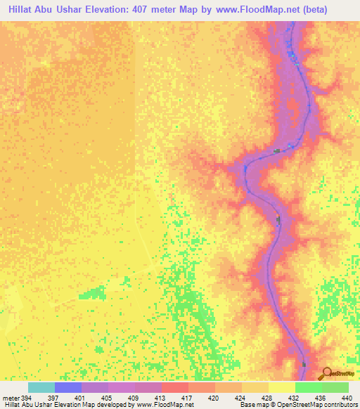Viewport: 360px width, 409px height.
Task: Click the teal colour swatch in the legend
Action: point(41,387)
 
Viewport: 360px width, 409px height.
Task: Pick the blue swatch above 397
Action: point(68,387)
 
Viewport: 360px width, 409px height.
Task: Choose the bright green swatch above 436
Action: point(308,387)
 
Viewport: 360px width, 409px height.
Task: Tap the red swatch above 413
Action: point(175,387)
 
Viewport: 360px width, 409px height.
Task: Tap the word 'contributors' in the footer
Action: point(339,405)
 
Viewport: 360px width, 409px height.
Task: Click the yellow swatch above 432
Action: point(281,387)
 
